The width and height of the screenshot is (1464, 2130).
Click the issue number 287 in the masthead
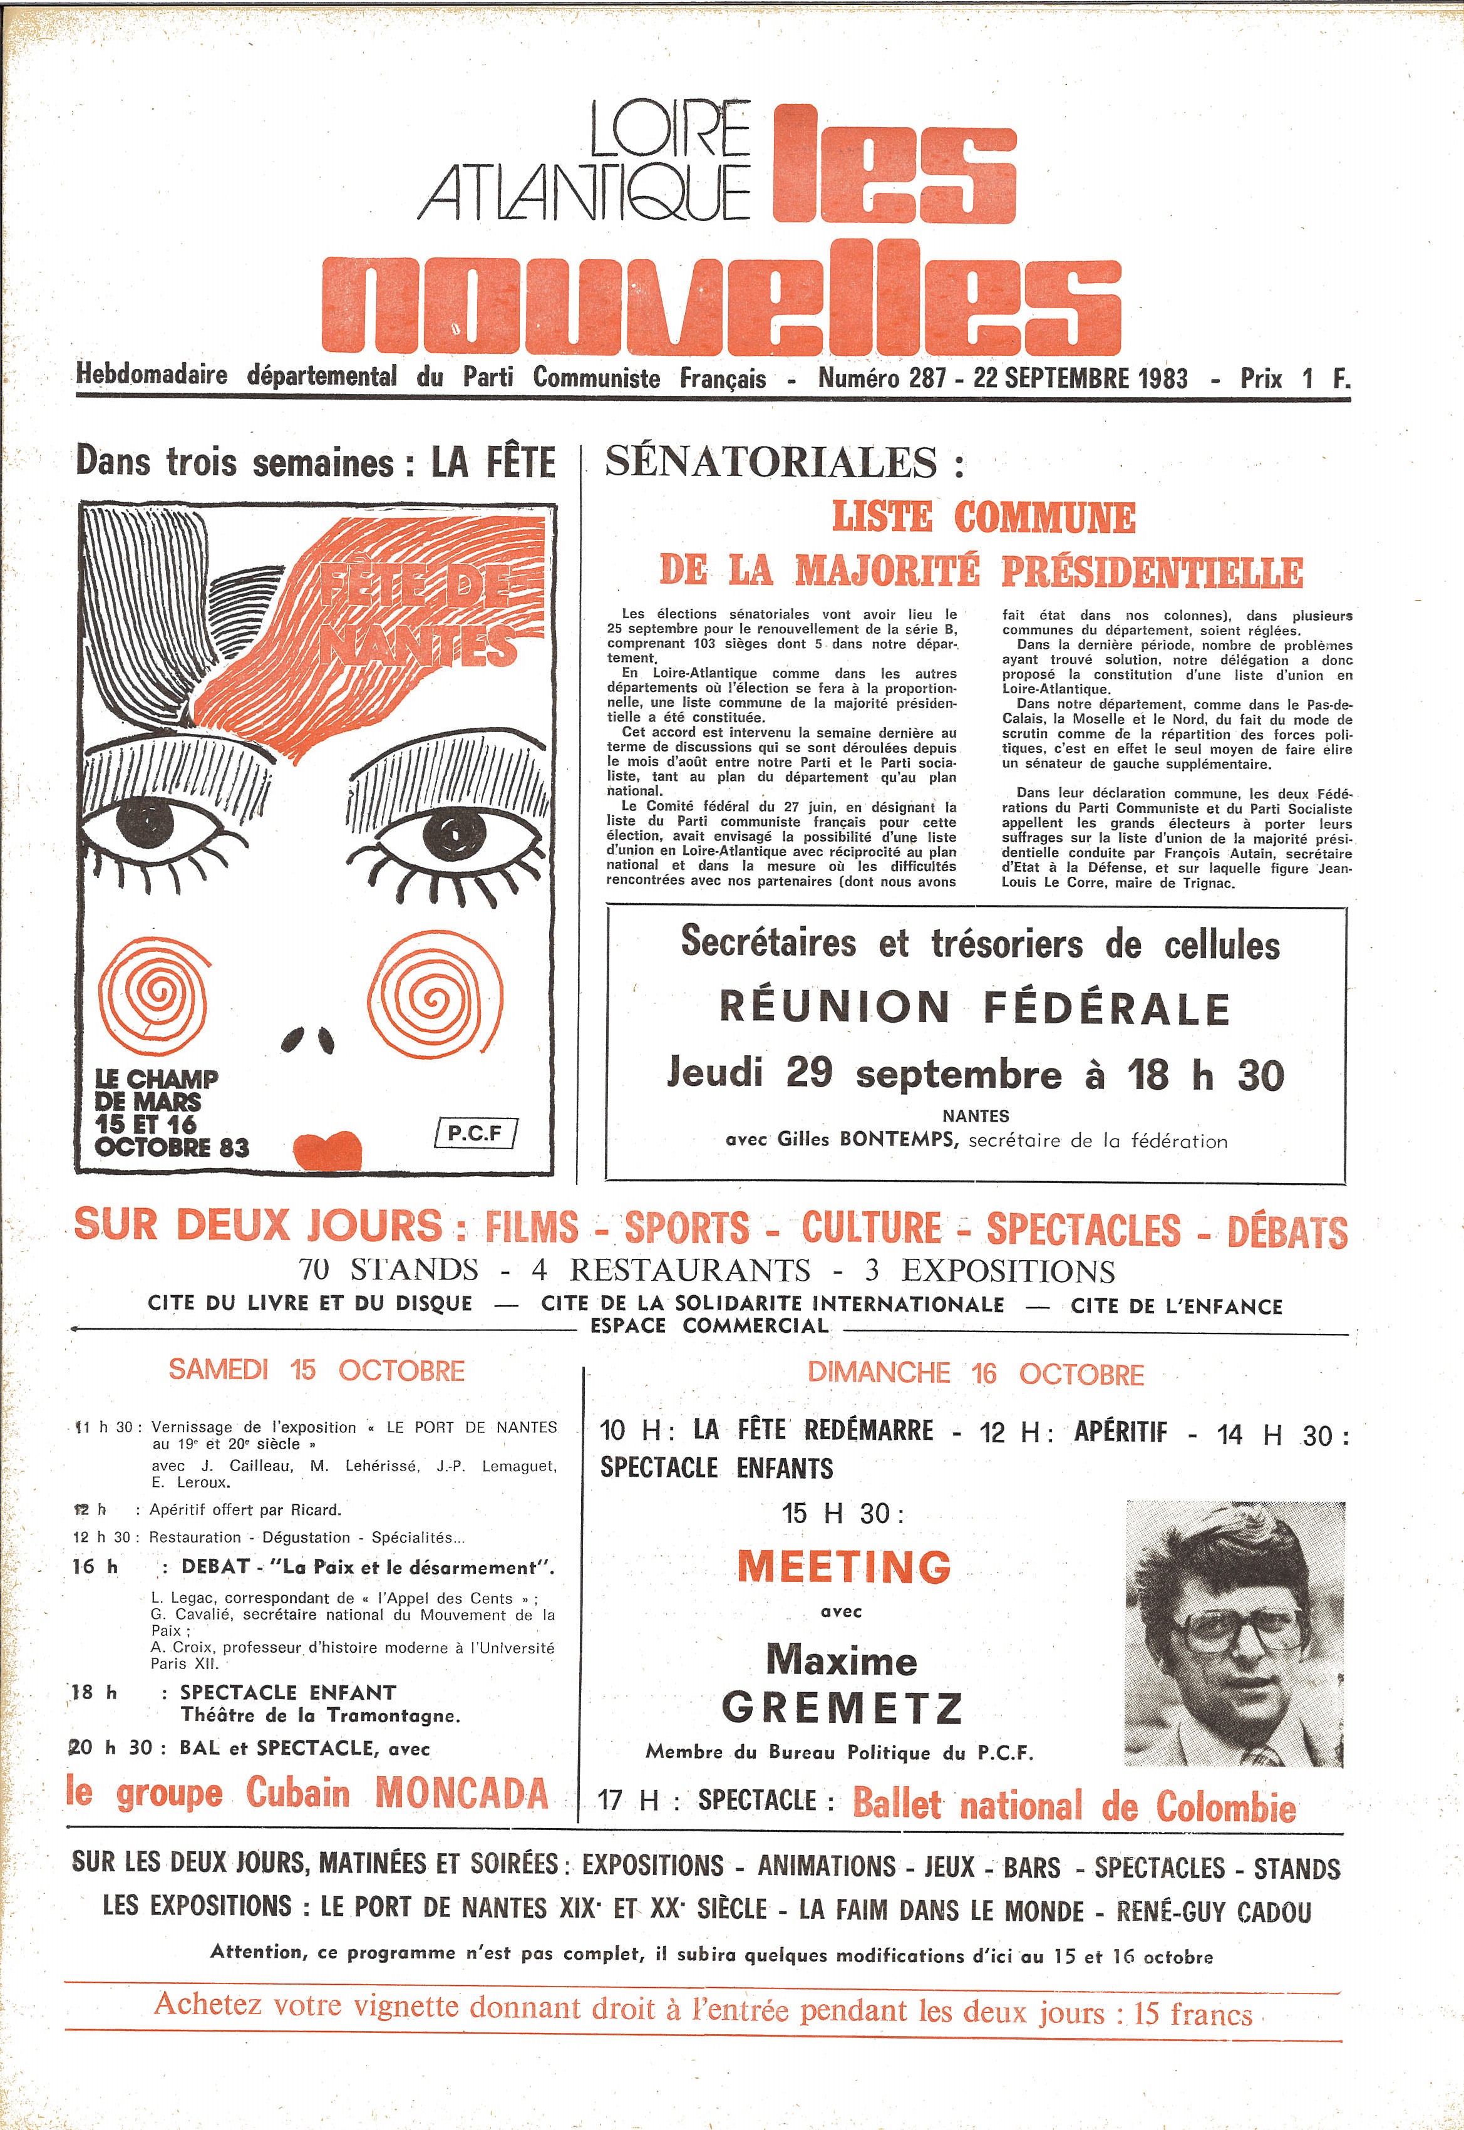927,378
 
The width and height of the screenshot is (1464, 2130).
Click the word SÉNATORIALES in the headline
771,462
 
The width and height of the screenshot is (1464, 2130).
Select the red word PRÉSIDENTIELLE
1151,571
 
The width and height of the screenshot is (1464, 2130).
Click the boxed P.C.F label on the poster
475,1133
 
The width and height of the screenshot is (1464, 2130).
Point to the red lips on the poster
327,1150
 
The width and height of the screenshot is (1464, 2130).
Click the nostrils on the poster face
307,1038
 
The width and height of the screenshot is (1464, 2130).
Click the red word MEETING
844,1566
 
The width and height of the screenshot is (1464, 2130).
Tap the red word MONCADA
461,1792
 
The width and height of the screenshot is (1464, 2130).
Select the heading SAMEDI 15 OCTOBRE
316,1370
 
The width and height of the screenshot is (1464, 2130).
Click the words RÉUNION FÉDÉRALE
974,1007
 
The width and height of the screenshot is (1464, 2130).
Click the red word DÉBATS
1287,1231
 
